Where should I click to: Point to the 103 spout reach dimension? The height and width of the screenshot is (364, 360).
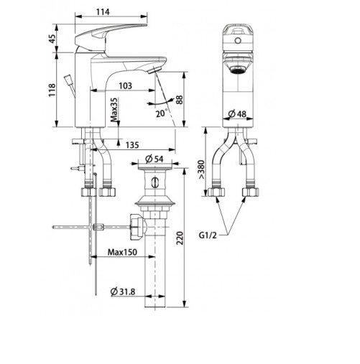pos(126,85)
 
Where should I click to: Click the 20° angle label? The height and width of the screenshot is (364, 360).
pos(158,113)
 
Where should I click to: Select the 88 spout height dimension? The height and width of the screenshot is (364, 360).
pos(189,100)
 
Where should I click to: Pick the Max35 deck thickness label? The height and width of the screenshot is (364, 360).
pos(114,114)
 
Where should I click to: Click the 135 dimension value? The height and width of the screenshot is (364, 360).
pos(132,145)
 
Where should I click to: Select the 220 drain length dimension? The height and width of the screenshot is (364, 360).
pos(189,237)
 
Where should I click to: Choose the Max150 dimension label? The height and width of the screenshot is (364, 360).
pos(124,252)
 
